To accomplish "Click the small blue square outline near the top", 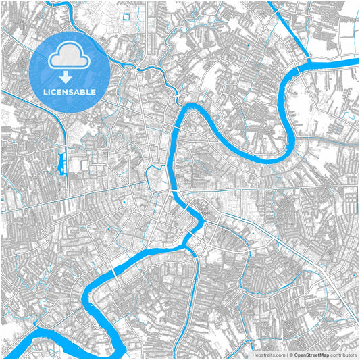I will click(x=125, y=16).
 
